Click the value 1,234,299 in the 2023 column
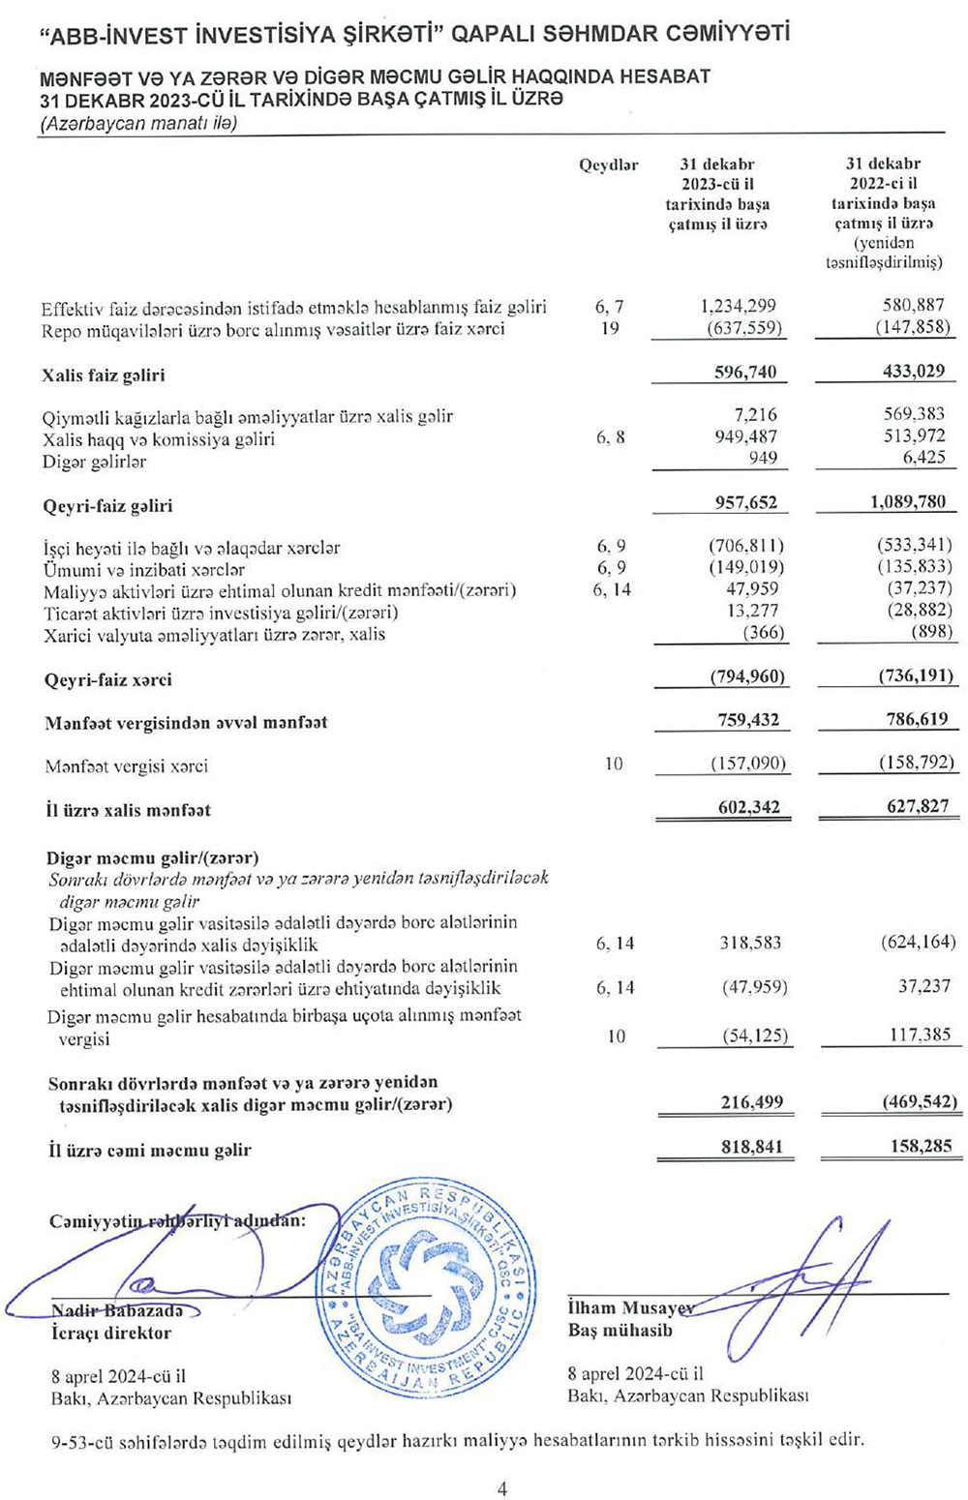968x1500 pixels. [x=738, y=307]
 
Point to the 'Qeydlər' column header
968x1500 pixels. [x=608, y=165]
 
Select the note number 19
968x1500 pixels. [x=610, y=328]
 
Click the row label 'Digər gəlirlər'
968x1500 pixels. [x=94, y=462]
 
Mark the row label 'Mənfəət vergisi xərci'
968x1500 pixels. [x=126, y=766]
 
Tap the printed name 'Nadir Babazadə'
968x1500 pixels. [x=116, y=1311]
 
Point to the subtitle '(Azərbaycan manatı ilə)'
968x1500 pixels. [x=138, y=123]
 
